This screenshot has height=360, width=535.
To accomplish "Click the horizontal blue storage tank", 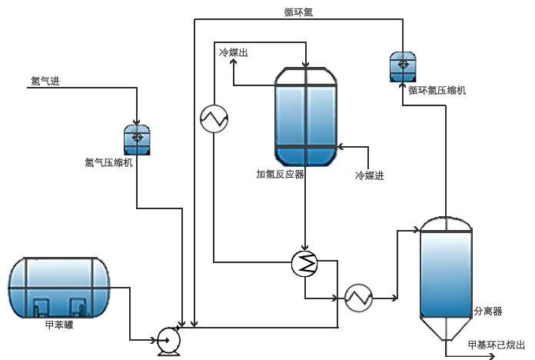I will (58, 288).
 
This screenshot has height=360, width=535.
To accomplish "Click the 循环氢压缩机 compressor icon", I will (402, 67).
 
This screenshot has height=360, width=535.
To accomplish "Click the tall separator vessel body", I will (445, 269).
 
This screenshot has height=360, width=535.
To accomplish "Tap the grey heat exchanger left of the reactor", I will (213, 118).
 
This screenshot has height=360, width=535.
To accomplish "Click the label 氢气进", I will (45, 79).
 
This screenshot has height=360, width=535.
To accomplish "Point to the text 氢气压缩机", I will (109, 162).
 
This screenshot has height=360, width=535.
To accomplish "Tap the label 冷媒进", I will (369, 175).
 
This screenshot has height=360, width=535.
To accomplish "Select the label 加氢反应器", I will (280, 174).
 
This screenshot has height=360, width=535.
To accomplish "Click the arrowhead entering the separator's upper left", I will (414, 229).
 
